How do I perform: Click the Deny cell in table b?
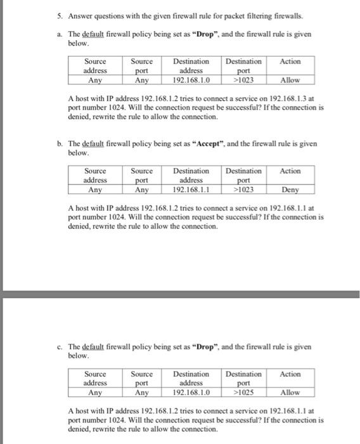(x=290, y=190)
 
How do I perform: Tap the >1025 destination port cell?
(x=243, y=393)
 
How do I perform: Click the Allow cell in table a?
(x=290, y=81)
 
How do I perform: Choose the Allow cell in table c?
(x=290, y=393)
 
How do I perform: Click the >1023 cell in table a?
(x=243, y=81)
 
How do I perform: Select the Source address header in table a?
(x=96, y=67)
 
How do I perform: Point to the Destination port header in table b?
(x=243, y=176)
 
